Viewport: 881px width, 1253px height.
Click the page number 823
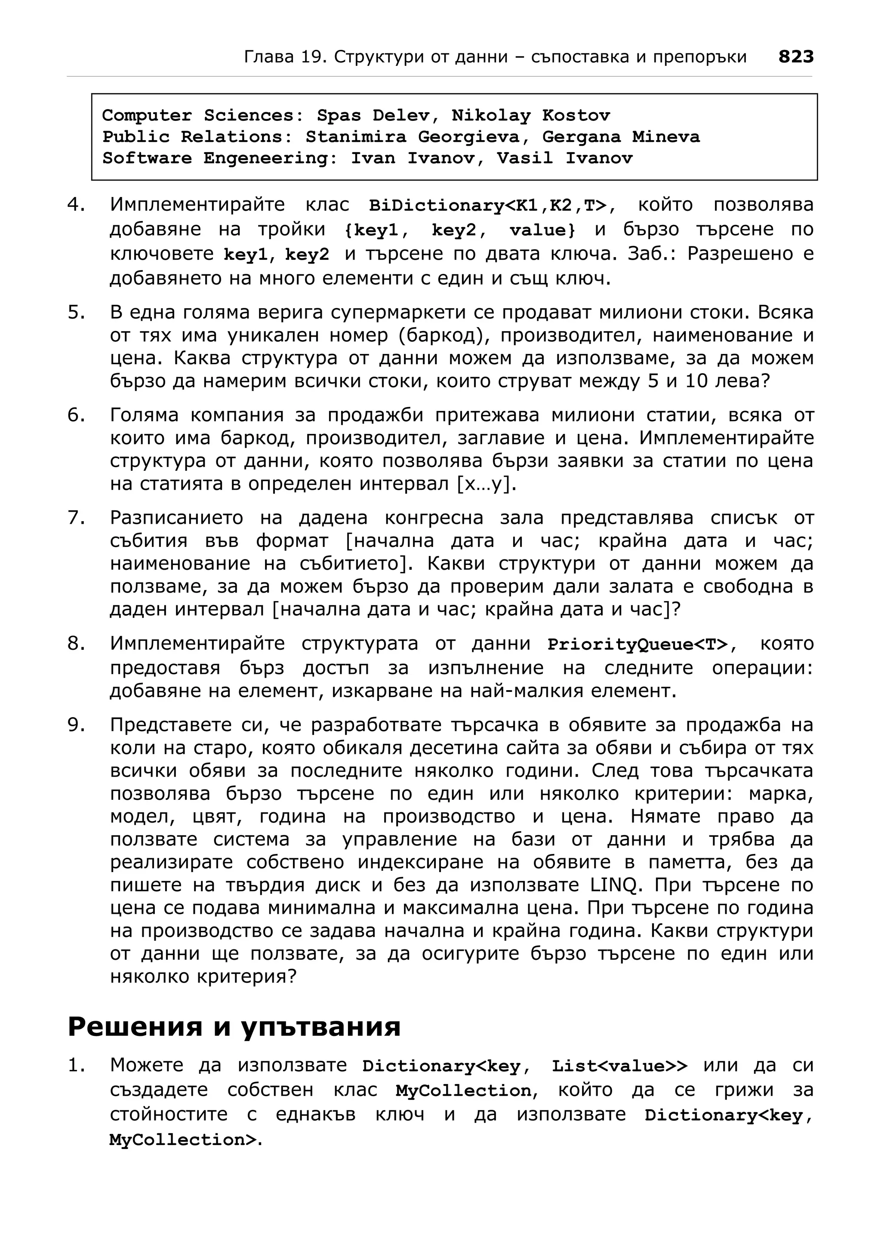795,56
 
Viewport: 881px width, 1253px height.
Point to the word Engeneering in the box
271,158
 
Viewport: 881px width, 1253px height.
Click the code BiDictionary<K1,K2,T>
487,205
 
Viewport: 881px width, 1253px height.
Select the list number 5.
77,312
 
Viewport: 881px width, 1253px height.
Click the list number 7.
77,517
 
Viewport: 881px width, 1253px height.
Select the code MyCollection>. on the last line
185,1140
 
